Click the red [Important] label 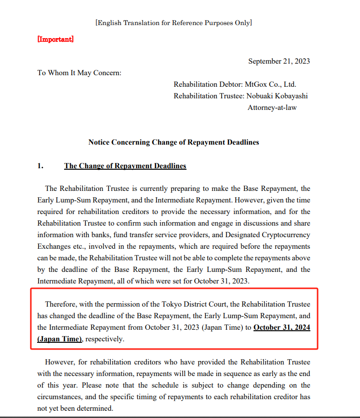tap(55, 39)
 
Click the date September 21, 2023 tap(279, 61)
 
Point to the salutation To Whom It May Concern tap(80, 73)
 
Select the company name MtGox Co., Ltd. tap(270, 84)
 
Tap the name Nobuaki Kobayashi tap(277, 96)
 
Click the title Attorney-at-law tap(272, 108)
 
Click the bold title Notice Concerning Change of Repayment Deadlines tap(173, 142)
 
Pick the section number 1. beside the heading tap(41, 166)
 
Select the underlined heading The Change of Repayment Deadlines tap(125, 166)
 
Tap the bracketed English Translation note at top tap(173, 22)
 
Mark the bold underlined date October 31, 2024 tap(281, 327)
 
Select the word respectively tap(105, 339)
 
